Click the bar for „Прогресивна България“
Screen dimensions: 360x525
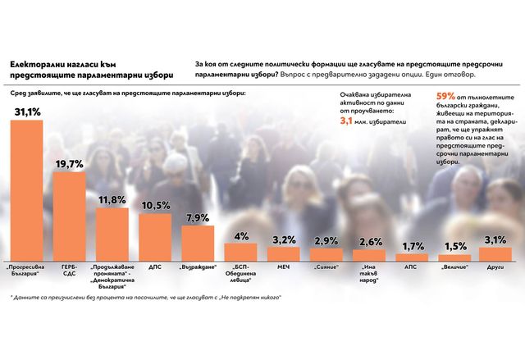30,190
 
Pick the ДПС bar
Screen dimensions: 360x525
155,236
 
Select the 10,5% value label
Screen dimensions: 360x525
155,205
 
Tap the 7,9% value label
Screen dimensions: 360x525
198,216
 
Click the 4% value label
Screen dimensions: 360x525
241,237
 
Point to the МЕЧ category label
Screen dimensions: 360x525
283,267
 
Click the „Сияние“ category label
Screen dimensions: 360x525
326,267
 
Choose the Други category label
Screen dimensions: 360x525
496,267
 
